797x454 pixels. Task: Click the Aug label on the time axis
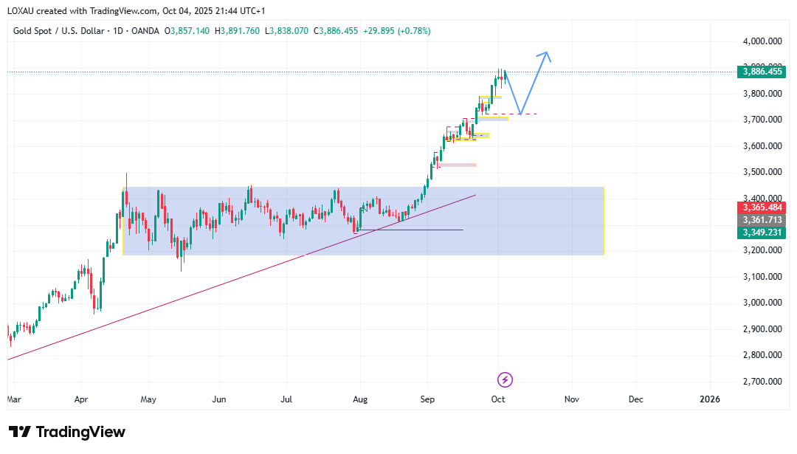[359, 399]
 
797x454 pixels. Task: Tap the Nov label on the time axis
[571, 399]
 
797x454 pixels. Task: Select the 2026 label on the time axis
[709, 399]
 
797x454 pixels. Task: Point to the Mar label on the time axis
[14, 399]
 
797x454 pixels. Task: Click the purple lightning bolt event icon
[506, 379]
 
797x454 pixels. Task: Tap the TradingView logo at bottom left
[67, 432]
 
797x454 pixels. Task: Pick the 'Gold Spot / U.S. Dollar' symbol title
[57, 31]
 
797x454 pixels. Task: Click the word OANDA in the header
[145, 31]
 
